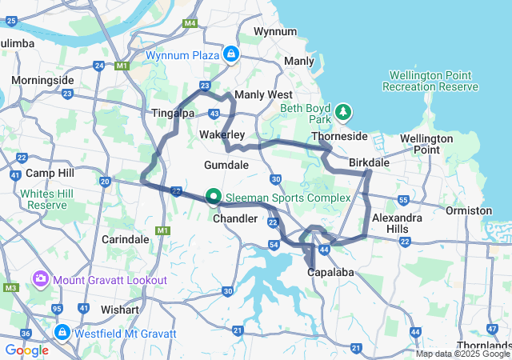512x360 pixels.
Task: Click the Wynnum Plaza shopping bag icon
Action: click(x=230, y=54)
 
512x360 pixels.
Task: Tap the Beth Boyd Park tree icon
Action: click(x=343, y=111)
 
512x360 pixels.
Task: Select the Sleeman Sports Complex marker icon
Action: click(x=214, y=196)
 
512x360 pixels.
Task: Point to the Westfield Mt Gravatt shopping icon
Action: click(x=62, y=331)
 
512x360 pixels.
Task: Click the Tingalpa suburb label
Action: click(x=173, y=114)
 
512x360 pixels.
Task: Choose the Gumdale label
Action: click(x=226, y=164)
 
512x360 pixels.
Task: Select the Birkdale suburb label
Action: click(x=369, y=162)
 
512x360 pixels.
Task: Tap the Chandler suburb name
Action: click(x=235, y=218)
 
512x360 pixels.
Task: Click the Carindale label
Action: click(x=126, y=238)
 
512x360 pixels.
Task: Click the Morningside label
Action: click(x=42, y=81)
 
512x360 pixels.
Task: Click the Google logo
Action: click(x=26, y=350)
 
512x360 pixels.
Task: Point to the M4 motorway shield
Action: click(x=190, y=23)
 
